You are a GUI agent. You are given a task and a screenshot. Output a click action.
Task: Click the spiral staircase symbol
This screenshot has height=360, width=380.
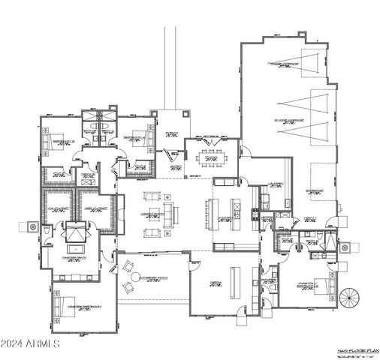click(x=349, y=298)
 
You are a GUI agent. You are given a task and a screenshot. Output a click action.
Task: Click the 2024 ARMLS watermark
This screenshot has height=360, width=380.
click(x=32, y=343)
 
